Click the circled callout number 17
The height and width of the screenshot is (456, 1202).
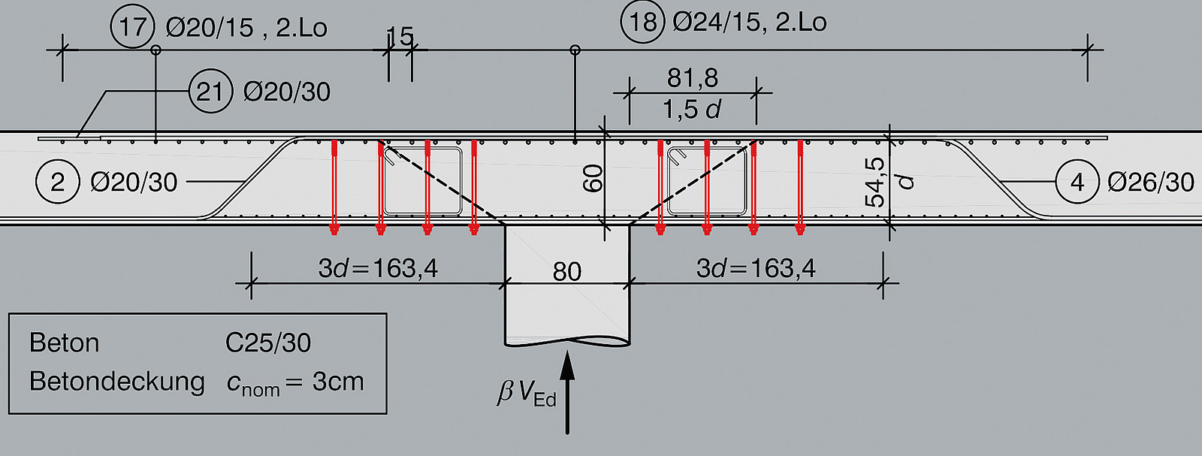(132, 26)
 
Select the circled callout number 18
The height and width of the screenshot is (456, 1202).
(643, 22)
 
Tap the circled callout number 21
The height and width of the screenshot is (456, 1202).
(210, 91)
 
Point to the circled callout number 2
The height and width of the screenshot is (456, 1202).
(57, 182)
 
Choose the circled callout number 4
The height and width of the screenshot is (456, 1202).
(1077, 183)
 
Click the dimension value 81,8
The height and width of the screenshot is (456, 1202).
(692, 78)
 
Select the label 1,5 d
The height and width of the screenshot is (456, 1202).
(692, 110)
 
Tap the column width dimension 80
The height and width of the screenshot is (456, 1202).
(567, 271)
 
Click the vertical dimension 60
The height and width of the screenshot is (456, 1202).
(593, 179)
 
